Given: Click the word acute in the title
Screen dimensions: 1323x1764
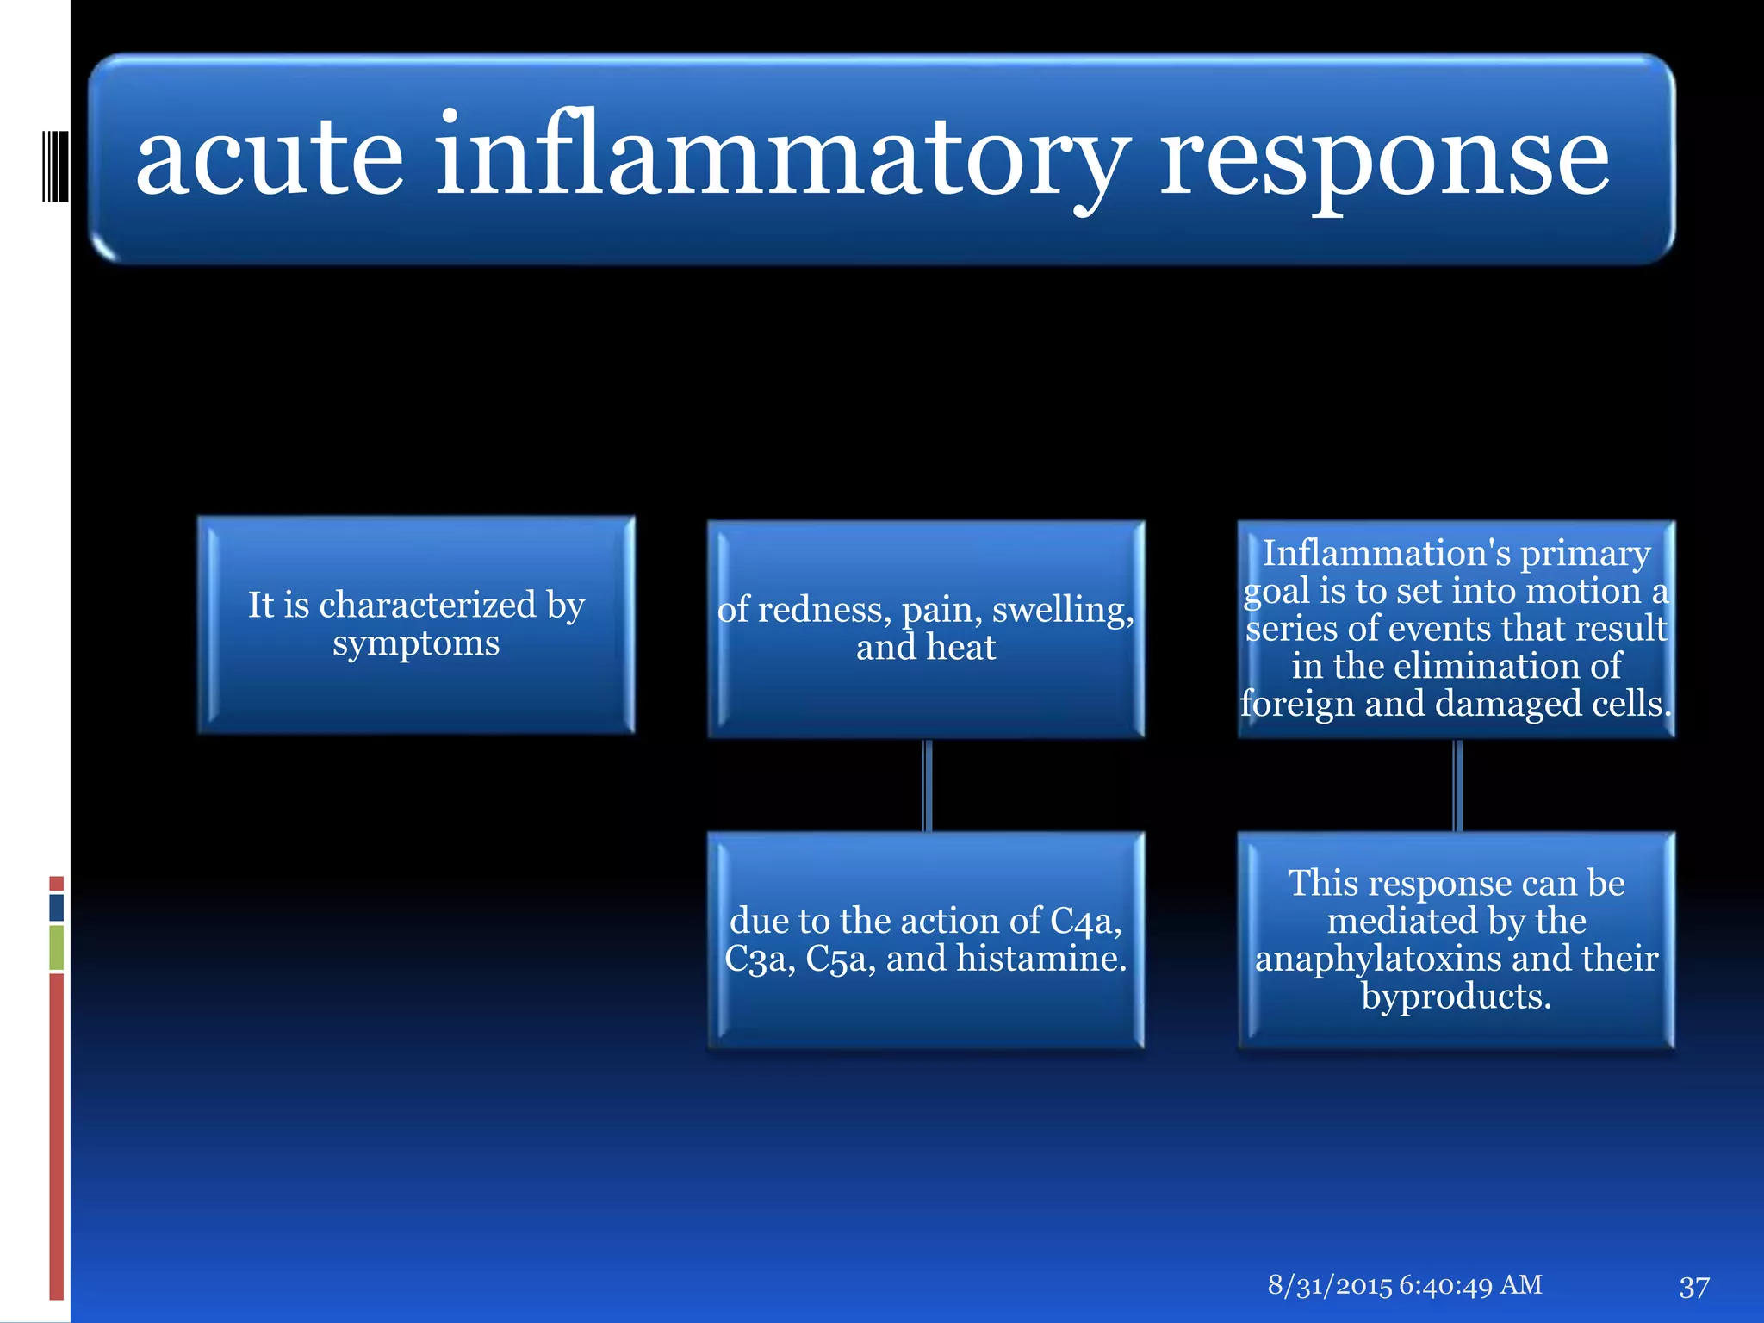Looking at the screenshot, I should (269, 157).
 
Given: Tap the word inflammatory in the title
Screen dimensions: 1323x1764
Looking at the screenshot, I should (780, 157).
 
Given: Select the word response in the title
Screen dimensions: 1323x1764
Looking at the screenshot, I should (1383, 157).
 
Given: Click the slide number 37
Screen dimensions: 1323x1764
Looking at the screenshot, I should (1693, 1287).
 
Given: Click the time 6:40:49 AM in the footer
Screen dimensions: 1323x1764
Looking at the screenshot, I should (1470, 1285).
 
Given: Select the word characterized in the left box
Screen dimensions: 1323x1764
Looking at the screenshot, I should (427, 605).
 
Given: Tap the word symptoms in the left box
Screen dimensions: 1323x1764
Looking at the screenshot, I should (416, 643).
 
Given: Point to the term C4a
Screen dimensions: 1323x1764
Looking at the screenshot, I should (1085, 921).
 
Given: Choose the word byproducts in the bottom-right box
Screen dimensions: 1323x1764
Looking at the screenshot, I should (1456, 997).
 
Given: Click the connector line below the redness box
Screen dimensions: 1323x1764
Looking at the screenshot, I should (927, 785).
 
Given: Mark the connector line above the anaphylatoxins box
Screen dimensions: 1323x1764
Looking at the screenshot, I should (1457, 785).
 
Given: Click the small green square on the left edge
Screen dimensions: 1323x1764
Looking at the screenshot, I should (57, 947).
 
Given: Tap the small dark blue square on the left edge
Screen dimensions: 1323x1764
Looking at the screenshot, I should (57, 908).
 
